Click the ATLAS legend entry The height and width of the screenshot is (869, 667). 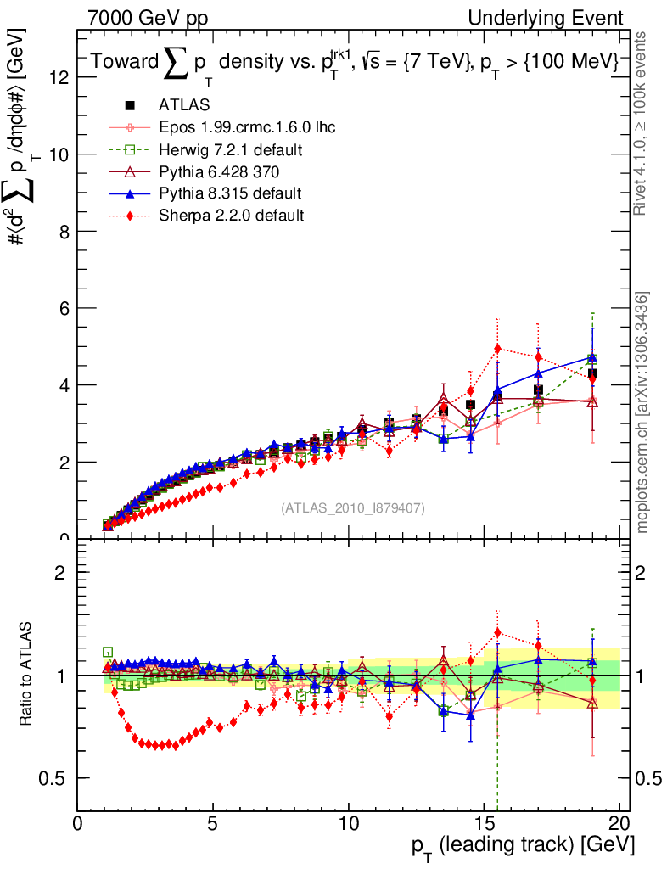pos(180,105)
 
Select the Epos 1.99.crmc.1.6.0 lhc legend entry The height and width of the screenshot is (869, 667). pos(247,127)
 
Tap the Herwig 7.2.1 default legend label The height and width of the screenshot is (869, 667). pos(231,149)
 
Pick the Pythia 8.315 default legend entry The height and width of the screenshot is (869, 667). pos(230,193)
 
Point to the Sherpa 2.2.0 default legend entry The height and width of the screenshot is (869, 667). pos(231,216)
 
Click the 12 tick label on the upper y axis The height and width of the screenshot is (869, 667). pos(59,77)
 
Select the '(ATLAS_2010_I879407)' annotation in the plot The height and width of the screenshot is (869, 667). pos(353,508)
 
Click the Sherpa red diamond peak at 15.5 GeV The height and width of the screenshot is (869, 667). pos(497,349)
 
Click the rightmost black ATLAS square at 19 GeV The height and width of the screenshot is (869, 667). pos(592,373)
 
